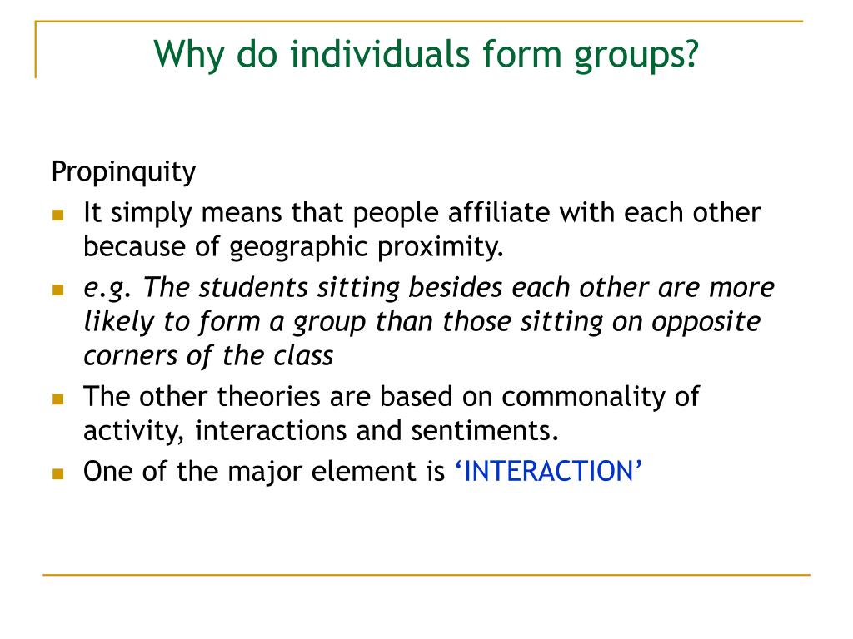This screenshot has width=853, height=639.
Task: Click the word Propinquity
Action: tap(123, 173)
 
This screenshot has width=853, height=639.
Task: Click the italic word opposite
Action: tap(710, 321)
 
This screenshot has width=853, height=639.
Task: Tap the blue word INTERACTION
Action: tap(548, 472)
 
